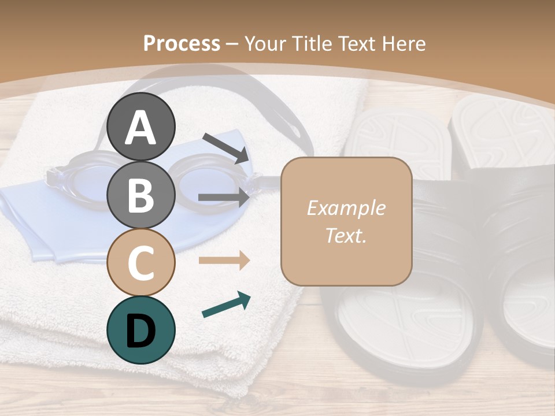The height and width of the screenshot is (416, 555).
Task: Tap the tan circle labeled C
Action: pyautogui.click(x=140, y=262)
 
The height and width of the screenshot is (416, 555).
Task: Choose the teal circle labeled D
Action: pyautogui.click(x=140, y=329)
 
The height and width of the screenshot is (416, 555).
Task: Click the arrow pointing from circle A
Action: pyautogui.click(x=226, y=148)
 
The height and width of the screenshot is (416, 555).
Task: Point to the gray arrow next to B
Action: pyautogui.click(x=224, y=198)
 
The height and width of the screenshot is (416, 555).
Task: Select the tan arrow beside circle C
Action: pyautogui.click(x=224, y=261)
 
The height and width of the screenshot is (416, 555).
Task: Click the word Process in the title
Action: pyautogui.click(x=182, y=43)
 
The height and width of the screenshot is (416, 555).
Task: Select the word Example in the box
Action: pyautogui.click(x=346, y=208)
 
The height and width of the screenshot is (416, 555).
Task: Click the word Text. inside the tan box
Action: pyautogui.click(x=346, y=236)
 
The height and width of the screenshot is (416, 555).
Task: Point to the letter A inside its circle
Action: pyautogui.click(x=140, y=128)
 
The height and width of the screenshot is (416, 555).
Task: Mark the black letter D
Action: pyautogui.click(x=140, y=330)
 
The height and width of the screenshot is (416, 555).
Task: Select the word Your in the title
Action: pyautogui.click(x=267, y=43)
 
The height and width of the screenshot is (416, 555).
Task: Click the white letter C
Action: pyautogui.click(x=140, y=262)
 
